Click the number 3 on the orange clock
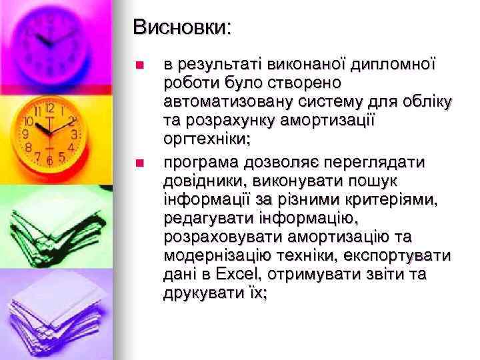[75, 133]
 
